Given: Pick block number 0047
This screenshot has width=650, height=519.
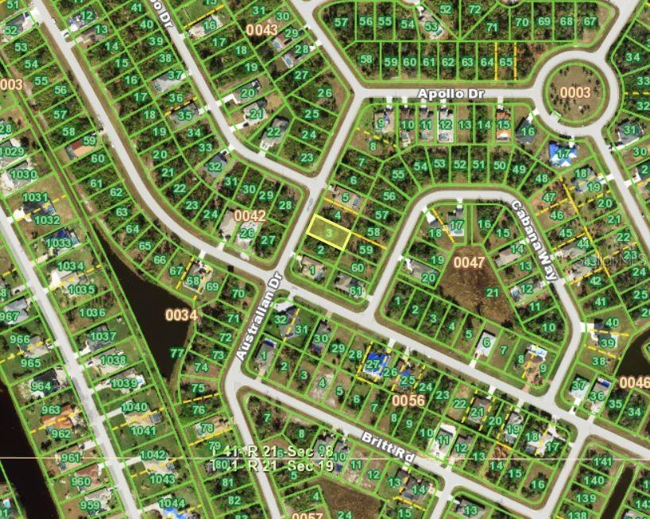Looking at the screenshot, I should coord(468,260).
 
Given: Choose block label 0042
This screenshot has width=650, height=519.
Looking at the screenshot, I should coord(250,215).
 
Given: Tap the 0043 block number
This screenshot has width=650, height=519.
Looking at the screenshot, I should coord(261,30).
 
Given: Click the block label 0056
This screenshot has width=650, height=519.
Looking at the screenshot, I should coord(408,401).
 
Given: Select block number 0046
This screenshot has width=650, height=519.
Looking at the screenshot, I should coord(634,383).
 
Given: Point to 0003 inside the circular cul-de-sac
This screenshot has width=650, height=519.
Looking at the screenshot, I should coord(574,92).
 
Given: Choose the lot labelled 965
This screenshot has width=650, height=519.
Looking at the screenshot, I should coord(32,362).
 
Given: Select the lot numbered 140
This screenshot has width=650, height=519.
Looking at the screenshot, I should coord(594,480).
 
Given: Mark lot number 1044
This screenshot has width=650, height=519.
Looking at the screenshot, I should coord(171,503).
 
